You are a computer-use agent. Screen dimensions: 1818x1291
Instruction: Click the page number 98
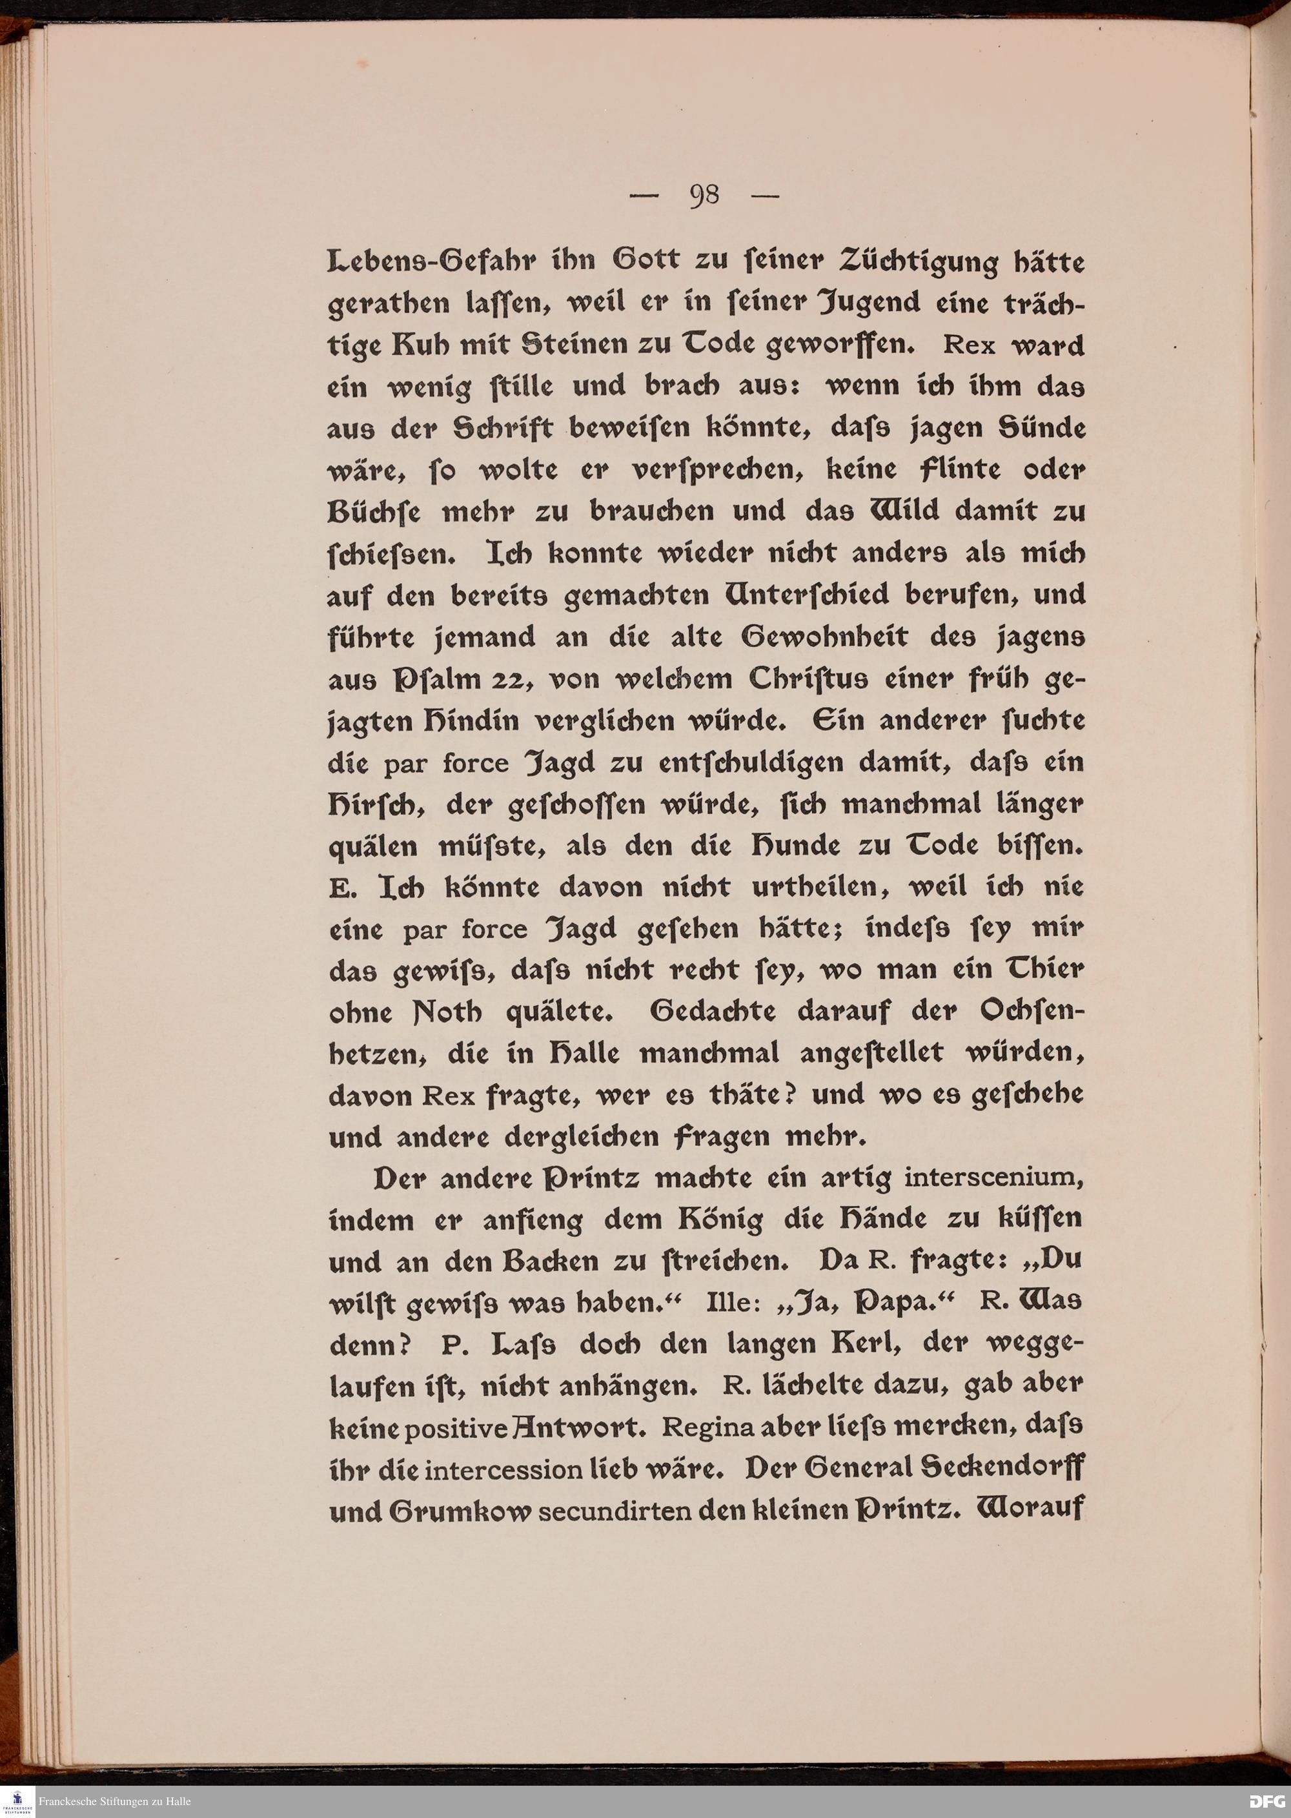(704, 195)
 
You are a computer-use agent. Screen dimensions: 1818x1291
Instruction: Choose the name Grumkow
(460, 1509)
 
